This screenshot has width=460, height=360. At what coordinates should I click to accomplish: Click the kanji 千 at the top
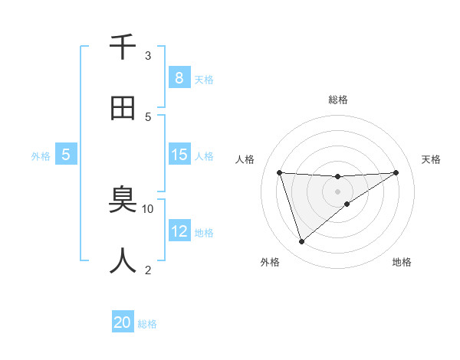point(123,47)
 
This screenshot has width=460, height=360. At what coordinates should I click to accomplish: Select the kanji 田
point(123,108)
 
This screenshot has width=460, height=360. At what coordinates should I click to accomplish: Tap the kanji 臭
point(123,201)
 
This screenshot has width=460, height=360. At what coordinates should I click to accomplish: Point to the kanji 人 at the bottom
point(123,261)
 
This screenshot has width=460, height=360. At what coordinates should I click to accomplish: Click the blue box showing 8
point(179,77)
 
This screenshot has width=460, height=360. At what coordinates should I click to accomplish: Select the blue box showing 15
point(179,155)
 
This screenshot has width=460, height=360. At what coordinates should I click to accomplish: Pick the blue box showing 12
point(179,231)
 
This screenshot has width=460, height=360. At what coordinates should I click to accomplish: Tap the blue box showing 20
point(123,322)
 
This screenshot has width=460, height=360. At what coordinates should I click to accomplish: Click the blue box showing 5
point(66,155)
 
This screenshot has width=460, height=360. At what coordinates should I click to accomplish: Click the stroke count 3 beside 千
point(148,55)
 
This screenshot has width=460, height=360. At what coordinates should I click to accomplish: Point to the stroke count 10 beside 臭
point(148,208)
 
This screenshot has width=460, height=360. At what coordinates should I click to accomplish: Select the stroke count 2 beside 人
point(148,270)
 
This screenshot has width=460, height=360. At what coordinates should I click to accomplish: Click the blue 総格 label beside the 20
point(147,324)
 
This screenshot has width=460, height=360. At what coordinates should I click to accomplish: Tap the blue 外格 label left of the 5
point(41,156)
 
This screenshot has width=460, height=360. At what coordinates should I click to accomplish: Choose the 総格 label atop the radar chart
point(337,100)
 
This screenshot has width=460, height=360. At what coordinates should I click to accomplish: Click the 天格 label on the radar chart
point(431,159)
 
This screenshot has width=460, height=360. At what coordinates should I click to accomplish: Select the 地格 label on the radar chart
point(402,262)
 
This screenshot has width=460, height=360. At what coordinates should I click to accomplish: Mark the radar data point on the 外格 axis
point(301,242)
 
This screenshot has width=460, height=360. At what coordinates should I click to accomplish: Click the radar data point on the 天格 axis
point(396,172)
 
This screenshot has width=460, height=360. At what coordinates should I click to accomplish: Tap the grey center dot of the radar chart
point(337,191)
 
